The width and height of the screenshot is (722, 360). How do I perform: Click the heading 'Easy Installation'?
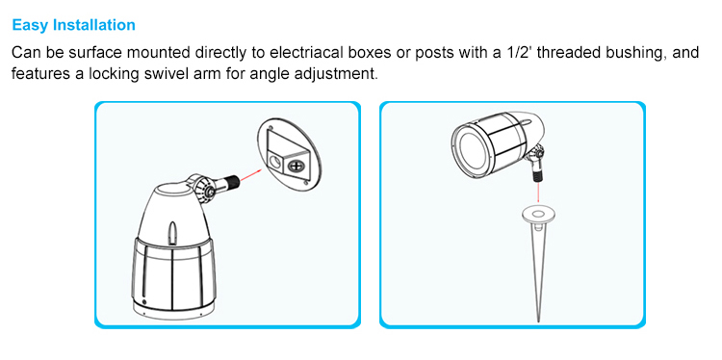(74, 25)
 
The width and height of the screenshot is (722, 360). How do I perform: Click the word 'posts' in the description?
(433, 53)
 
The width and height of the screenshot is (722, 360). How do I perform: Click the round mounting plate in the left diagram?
(288, 152)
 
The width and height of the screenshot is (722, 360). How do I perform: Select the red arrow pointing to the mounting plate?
(250, 174)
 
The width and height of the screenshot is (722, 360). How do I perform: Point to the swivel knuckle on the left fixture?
(202, 188)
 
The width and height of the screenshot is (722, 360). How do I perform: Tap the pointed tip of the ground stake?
(539, 321)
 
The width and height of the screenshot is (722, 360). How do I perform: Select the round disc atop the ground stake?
(538, 214)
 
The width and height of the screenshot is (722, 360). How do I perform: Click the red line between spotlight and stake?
(538, 193)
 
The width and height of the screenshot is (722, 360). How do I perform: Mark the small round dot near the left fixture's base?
(144, 302)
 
